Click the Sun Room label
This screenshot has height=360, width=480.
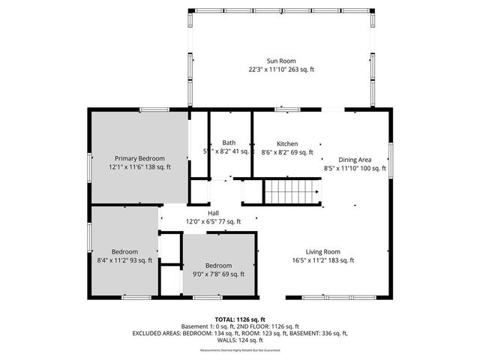[x=281, y=61]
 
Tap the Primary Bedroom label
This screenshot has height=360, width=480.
[x=139, y=158]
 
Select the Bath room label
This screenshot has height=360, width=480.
[x=229, y=143]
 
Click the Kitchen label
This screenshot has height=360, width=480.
[x=287, y=143]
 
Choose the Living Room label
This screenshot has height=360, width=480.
[x=323, y=252]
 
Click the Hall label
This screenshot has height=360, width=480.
[x=214, y=213]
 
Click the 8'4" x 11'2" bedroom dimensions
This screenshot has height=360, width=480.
[x=124, y=260]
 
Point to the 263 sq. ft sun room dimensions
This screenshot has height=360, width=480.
[x=281, y=69]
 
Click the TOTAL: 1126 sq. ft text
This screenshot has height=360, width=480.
[x=240, y=319]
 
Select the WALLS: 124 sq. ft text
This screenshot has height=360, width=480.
[x=240, y=340]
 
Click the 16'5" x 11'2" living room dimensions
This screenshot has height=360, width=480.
[x=323, y=260]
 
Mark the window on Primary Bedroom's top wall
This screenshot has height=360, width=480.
[x=154, y=110]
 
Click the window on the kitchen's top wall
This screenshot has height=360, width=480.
[x=286, y=110]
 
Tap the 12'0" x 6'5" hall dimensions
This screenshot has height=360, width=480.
[x=214, y=221]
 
